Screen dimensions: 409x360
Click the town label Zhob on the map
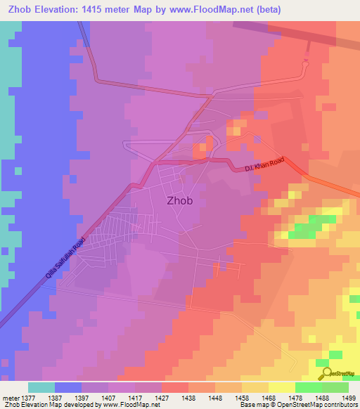pyautogui.click(x=179, y=200)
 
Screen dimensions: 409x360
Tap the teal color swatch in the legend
pyautogui.click(x=41, y=387)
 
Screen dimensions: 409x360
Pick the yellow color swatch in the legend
pyautogui.click(x=281, y=387)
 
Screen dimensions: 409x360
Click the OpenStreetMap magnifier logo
pyautogui.click(x=326, y=373)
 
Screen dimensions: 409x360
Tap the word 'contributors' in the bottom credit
pyautogui.click(x=341, y=405)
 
